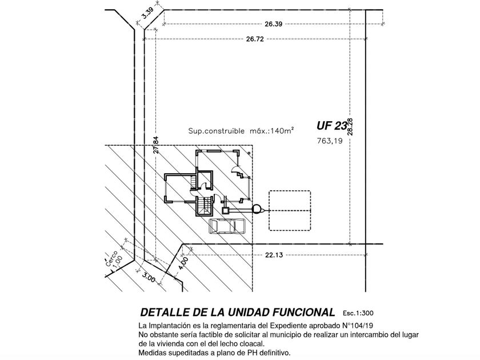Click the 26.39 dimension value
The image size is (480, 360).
pos(273,24)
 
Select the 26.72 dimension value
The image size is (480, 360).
pos(255,39)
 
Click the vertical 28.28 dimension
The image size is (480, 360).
pos(350,127)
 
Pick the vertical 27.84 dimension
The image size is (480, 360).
pos(156,145)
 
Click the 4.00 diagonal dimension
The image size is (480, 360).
pos(183,263)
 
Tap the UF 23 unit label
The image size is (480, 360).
pos(331,126)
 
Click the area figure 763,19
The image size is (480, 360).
pos(330,141)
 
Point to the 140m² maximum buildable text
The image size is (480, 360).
pos(241,131)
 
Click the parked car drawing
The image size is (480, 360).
pos(227,226)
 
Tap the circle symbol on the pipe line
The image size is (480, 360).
pos(256,209)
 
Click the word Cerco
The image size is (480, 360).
pos(111,258)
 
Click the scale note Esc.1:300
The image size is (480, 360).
pos(358,313)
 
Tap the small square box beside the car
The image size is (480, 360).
pos(226,210)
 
